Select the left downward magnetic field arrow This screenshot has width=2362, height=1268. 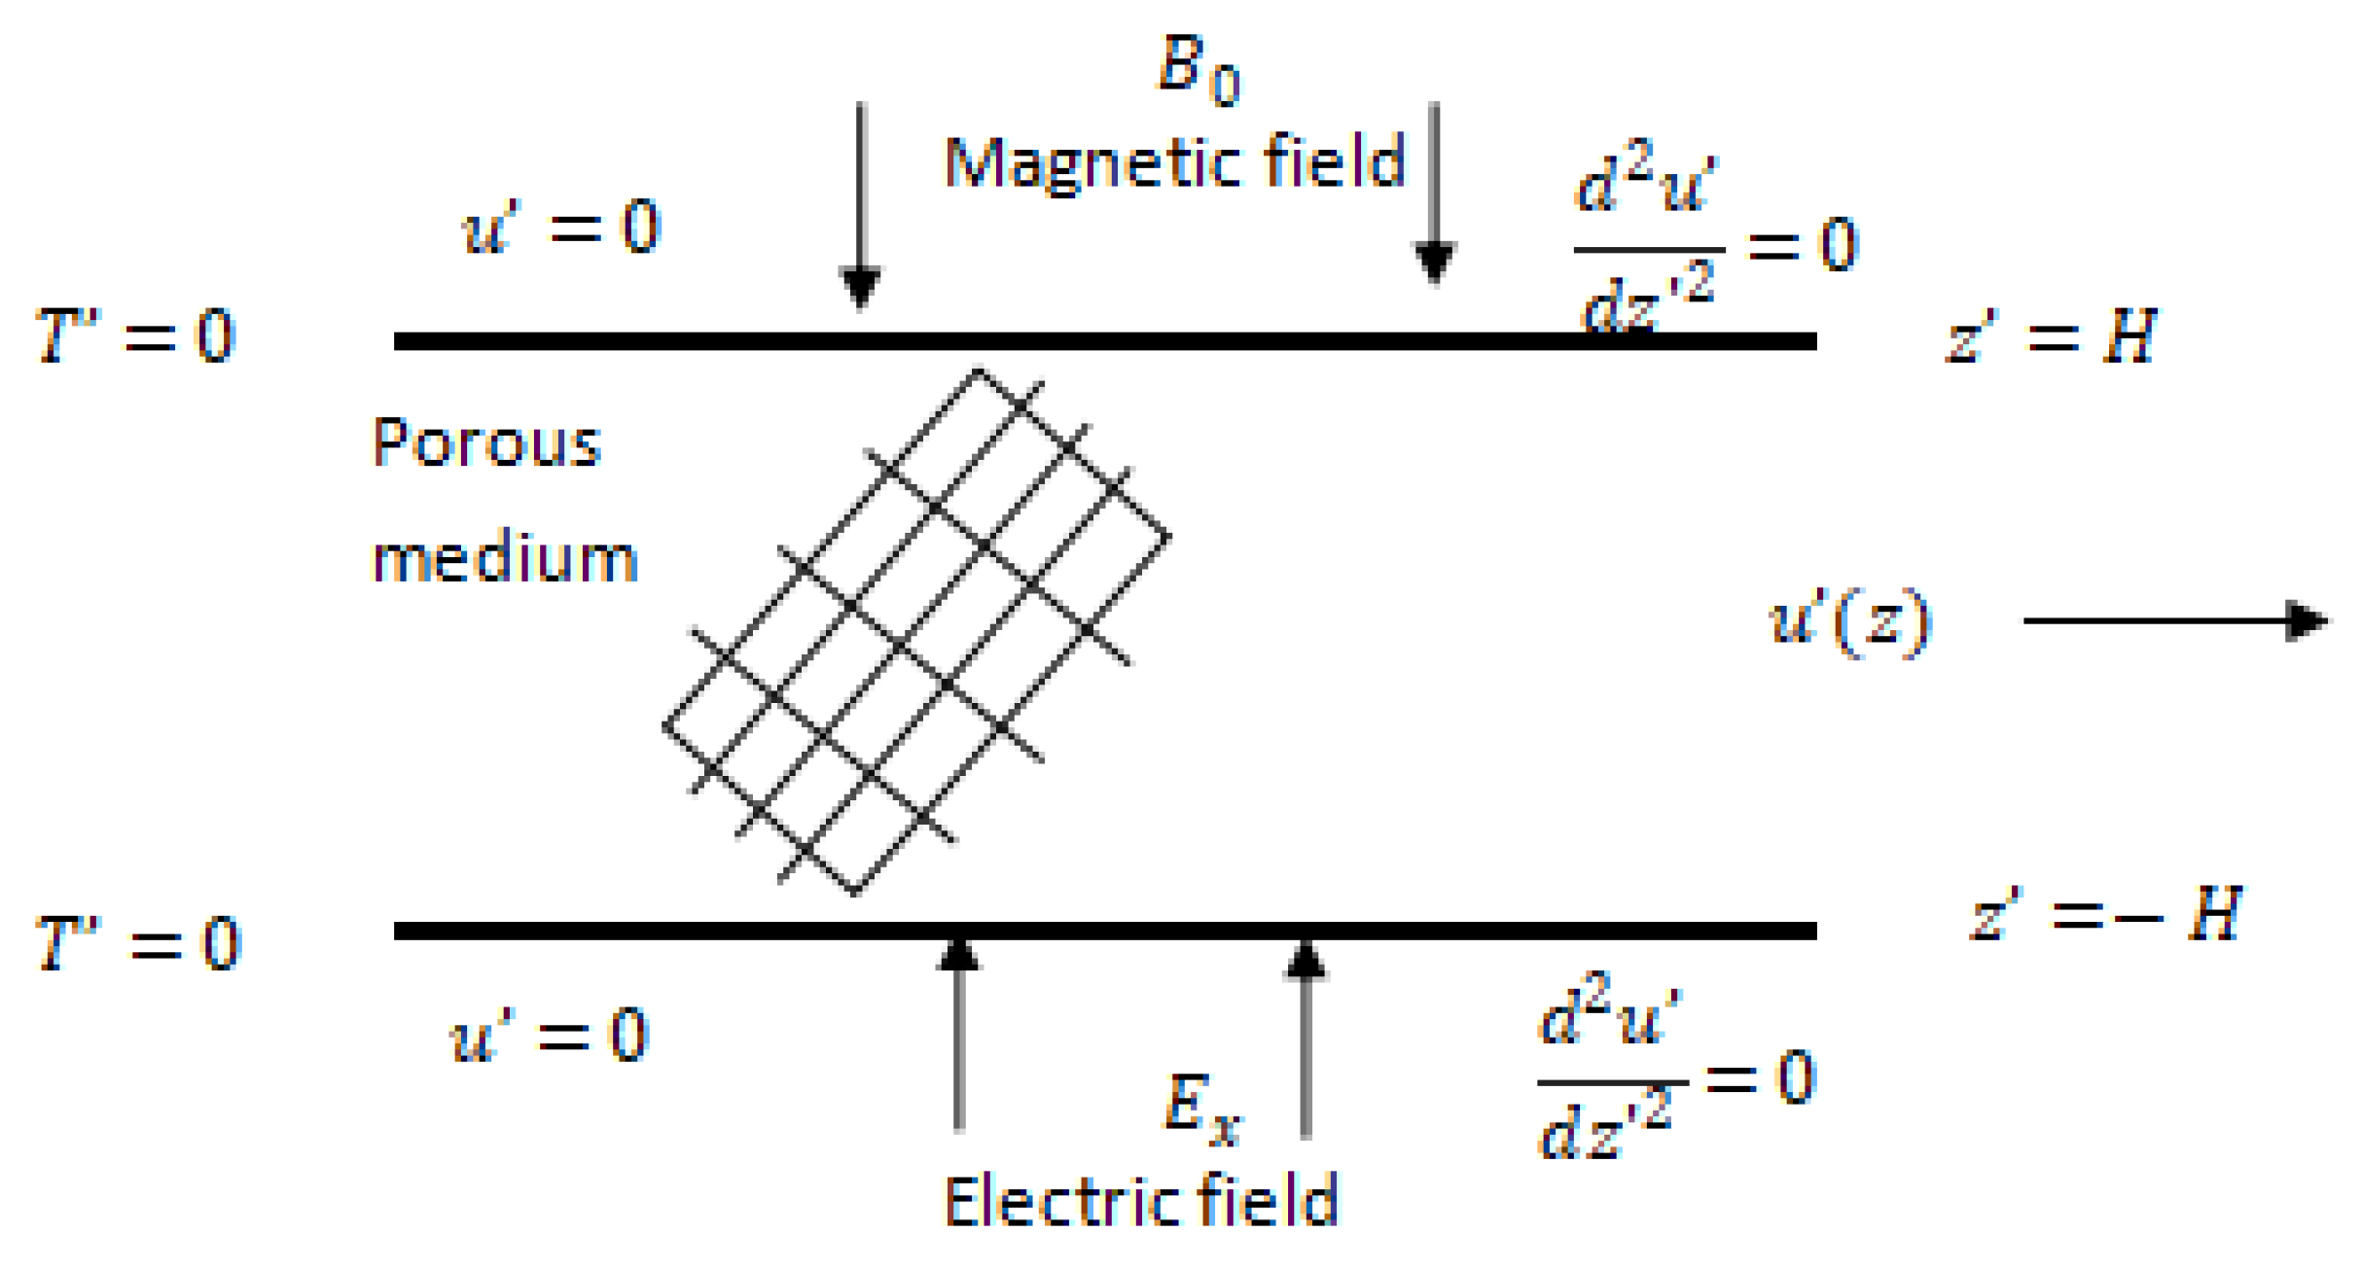(861, 204)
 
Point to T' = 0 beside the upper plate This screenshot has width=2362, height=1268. (135, 336)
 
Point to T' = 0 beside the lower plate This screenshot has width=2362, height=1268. (137, 943)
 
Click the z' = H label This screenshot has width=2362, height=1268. (2051, 336)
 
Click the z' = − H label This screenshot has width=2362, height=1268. (2105, 915)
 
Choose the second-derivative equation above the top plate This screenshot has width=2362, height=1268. (1714, 243)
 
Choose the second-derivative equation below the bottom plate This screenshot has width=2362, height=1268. (1675, 1078)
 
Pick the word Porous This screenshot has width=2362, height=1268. (486, 443)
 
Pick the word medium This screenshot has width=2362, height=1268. (505, 560)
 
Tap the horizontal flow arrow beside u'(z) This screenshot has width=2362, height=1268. (2175, 620)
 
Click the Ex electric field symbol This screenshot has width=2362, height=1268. (1202, 1108)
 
